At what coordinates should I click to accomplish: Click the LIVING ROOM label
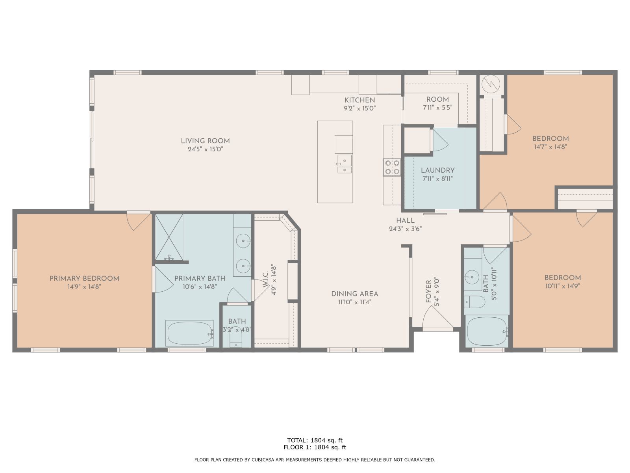pos(205,141)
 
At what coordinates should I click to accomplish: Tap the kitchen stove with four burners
pos(392,168)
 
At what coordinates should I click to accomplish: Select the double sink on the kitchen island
pos(345,164)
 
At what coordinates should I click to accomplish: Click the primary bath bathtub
pos(189,333)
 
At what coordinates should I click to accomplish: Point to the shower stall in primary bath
pos(169,237)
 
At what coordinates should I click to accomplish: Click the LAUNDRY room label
pos(438,170)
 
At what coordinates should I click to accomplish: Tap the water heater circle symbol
pos(491,84)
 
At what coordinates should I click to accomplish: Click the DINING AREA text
pos(355,294)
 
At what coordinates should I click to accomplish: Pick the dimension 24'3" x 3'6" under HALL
pos(405,229)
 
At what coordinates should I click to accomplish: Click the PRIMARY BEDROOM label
pos(84,279)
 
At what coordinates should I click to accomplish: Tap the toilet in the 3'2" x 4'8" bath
pos(235,337)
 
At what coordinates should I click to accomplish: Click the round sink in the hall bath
pos(472,277)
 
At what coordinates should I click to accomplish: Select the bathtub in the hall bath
pos(487,331)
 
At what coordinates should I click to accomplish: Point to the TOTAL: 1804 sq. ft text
pos(315,440)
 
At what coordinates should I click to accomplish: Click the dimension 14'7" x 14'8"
pos(550,147)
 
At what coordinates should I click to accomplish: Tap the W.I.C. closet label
pos(265,279)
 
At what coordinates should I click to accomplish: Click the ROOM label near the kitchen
pos(437,99)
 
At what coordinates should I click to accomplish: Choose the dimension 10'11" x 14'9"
pos(563,286)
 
